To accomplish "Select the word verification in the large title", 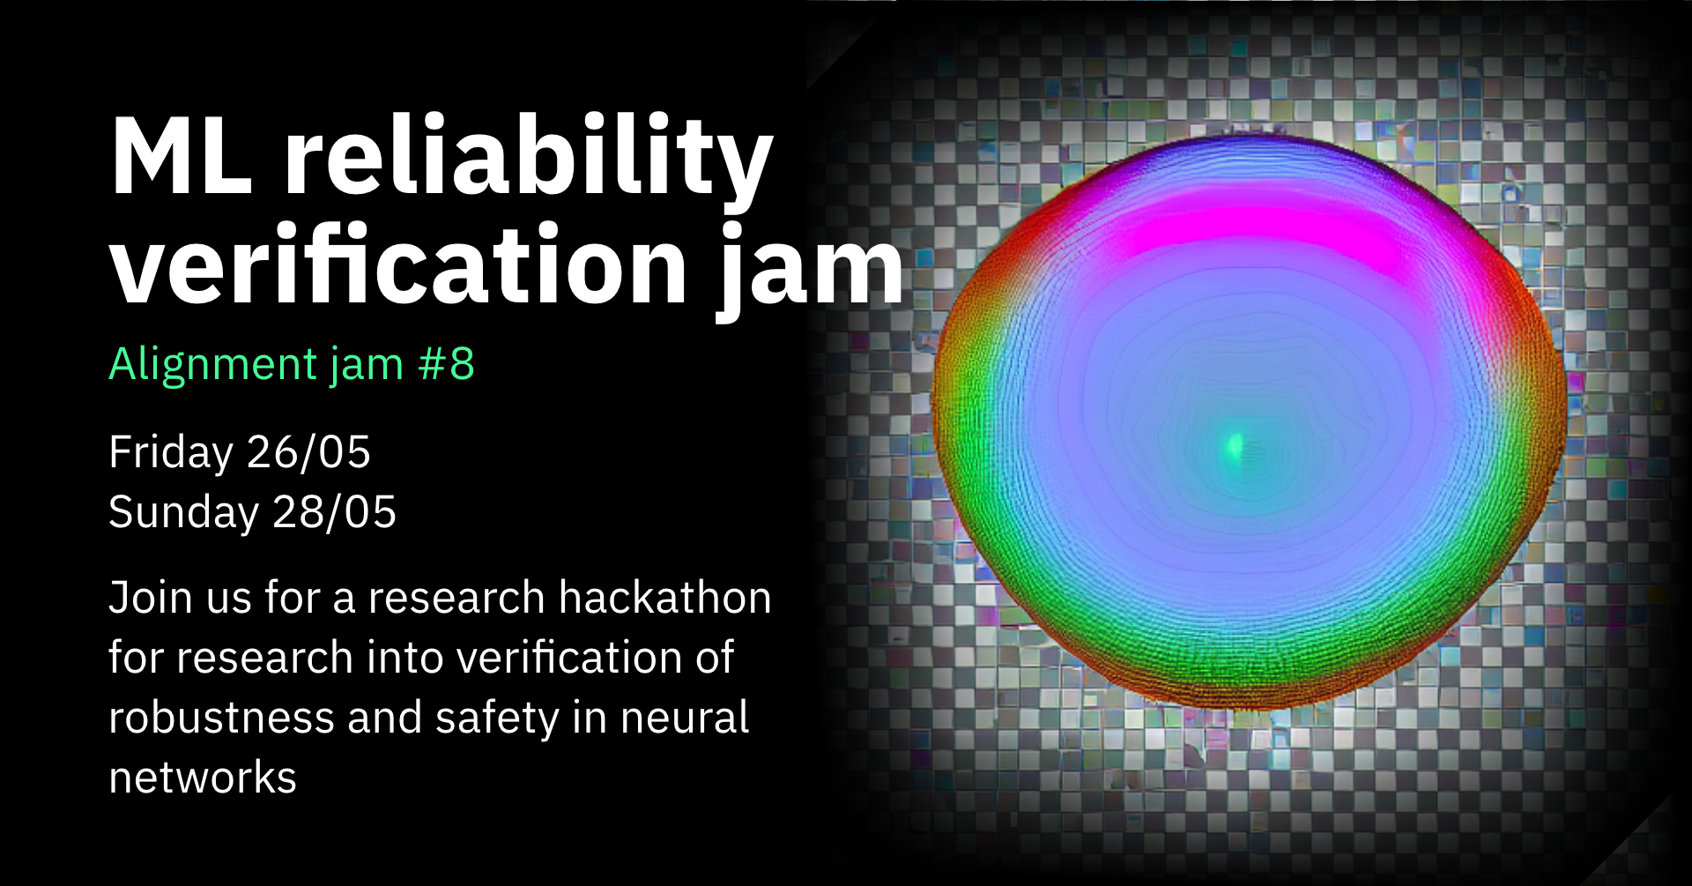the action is [x=398, y=264].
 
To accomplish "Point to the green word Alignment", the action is [x=212, y=365].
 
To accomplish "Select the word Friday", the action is [x=171, y=454].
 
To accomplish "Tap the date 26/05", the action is [x=309, y=452].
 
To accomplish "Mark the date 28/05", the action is [x=335, y=512].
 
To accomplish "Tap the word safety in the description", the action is [x=498, y=719].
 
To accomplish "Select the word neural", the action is [x=685, y=718].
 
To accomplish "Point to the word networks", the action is [x=203, y=778].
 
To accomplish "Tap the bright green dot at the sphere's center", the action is [x=1235, y=446].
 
